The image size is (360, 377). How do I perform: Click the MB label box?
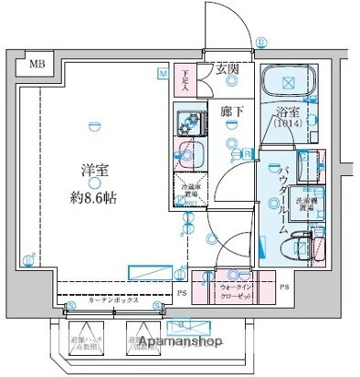36,64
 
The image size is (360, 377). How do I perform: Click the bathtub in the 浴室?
288,82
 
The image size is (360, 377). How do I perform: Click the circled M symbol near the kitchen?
163,72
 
